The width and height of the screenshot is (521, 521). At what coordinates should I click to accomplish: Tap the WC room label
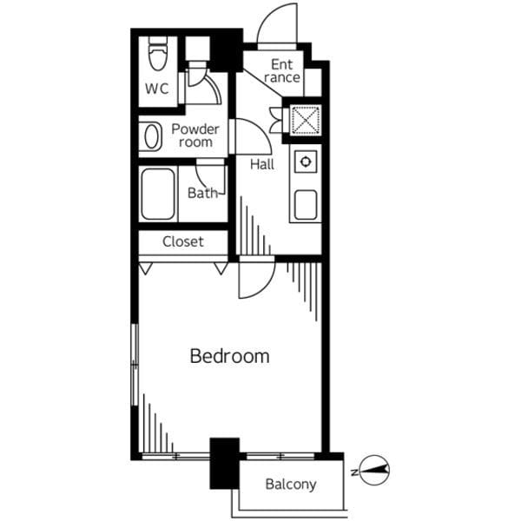pos(157,89)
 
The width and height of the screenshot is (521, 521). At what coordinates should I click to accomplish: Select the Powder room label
pos(195,135)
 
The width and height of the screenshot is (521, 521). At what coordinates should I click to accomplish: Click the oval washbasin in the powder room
pos(152,136)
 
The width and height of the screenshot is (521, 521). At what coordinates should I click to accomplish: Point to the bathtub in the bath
pos(158,194)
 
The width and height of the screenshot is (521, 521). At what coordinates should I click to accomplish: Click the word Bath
pos(202,193)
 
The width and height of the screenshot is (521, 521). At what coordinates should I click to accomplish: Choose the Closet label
pos(183,241)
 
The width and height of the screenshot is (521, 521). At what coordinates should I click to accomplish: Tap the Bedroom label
pos(229,356)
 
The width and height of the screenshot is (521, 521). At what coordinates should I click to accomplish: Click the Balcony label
pos(291,485)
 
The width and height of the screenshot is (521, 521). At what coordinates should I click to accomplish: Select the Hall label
pos(262,164)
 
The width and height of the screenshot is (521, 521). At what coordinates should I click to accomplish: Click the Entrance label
pos(281,71)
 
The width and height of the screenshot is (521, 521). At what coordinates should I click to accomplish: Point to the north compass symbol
pos(372,470)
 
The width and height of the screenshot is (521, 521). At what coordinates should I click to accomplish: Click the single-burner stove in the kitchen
pos(306,162)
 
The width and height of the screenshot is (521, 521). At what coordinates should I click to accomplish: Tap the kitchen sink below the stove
pos(306,205)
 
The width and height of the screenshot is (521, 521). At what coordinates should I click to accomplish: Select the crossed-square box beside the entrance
pos(306,120)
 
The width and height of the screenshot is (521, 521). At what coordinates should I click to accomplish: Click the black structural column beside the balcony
pos(225,464)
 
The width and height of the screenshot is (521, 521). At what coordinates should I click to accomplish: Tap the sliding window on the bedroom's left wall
pos(135,365)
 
